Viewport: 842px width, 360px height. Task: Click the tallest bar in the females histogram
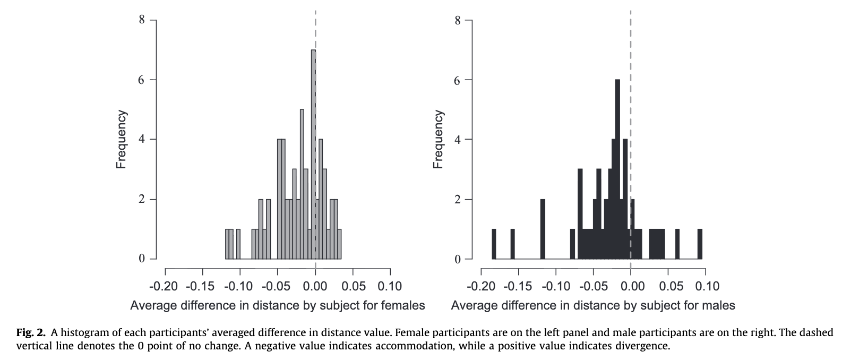313,154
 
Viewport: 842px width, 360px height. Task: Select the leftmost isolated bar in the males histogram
494,244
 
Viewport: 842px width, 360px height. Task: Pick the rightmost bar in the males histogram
700,244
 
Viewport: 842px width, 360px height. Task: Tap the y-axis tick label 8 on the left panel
142,20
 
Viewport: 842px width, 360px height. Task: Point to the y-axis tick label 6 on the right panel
458,80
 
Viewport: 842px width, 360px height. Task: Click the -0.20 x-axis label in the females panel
164,287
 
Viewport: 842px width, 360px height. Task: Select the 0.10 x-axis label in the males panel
707,287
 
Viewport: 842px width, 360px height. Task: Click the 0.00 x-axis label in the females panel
315,287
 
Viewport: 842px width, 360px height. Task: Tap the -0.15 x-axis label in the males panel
518,287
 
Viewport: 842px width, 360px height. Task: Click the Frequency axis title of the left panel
121,140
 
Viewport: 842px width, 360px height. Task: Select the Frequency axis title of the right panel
438,140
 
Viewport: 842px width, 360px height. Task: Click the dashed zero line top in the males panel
630,13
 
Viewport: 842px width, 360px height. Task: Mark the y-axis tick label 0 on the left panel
142,259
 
